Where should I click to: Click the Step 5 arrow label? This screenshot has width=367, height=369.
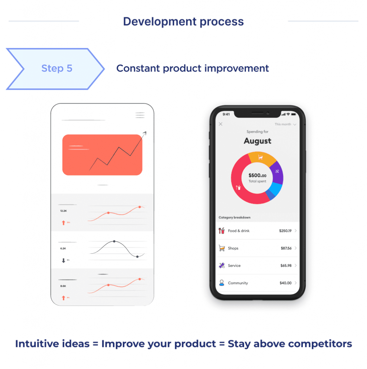(57, 68)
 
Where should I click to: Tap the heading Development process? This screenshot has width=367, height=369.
(183, 22)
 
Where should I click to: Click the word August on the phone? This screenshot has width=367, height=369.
(257, 141)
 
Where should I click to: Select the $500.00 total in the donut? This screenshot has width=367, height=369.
(257, 175)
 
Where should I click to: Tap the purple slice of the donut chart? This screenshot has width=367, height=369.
(277, 172)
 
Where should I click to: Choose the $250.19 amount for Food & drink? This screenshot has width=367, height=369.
(285, 231)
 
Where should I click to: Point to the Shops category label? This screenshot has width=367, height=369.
(233, 248)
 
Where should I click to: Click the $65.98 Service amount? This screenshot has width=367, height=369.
(286, 266)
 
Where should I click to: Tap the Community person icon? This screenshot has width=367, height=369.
(222, 283)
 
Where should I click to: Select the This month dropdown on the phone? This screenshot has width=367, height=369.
(285, 124)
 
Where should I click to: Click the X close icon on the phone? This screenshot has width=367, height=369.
(221, 124)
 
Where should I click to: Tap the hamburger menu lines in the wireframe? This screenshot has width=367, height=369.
(140, 115)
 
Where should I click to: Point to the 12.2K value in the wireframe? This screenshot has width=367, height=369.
(63, 211)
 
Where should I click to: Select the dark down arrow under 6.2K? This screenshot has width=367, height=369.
(63, 261)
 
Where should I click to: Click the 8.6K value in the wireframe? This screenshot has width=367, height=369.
(63, 286)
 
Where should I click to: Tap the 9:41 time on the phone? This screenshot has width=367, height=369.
(226, 114)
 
